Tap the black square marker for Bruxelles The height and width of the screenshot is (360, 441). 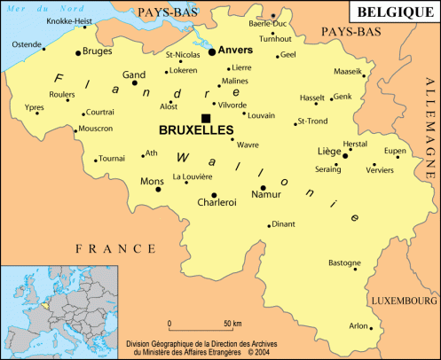(206, 118)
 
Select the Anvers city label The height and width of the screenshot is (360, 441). (235, 51)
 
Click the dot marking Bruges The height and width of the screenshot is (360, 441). (78, 53)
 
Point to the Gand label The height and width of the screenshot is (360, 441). (133, 74)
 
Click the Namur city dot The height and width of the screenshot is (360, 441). (263, 187)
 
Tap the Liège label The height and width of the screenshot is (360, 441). (329, 152)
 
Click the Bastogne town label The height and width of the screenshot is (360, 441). (344, 262)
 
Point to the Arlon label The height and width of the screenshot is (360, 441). (358, 326)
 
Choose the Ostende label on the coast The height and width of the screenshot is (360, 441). (26, 44)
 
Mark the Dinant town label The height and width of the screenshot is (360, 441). (283, 224)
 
